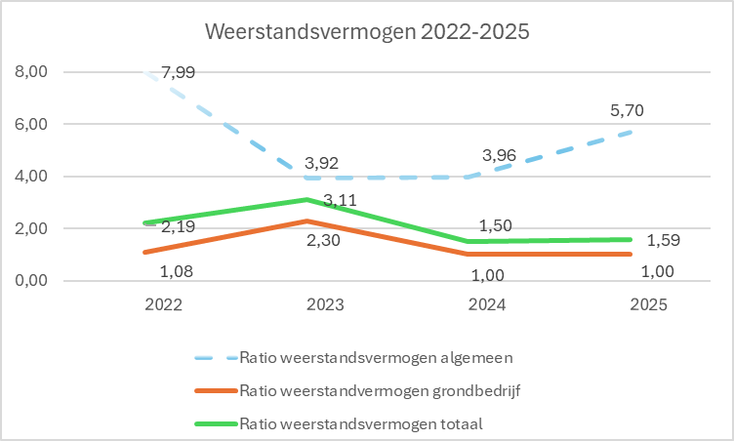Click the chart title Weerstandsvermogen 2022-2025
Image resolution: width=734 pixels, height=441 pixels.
point(367,32)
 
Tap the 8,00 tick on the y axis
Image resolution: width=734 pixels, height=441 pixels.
point(31,71)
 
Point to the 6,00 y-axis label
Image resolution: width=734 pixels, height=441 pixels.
point(31,124)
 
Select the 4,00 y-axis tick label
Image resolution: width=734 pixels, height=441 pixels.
point(31,176)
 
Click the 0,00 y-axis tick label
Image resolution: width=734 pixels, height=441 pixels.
point(31,280)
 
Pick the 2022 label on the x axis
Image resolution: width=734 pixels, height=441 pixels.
point(163,304)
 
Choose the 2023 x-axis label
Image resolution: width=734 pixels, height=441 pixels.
point(325,304)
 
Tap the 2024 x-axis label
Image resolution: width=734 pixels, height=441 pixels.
point(487,304)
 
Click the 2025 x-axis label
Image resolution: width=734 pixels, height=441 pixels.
point(649,304)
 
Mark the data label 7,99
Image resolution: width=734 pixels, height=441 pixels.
point(179,72)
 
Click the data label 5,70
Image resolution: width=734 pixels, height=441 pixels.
point(628,110)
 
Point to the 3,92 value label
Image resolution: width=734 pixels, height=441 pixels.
point(321,163)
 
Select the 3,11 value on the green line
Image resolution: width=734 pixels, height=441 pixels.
point(341,200)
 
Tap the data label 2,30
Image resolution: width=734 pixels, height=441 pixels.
point(323,240)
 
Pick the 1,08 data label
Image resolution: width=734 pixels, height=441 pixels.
point(177,271)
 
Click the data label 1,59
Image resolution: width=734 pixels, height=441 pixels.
point(664,240)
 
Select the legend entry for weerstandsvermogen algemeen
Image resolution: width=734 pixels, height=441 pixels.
point(354,358)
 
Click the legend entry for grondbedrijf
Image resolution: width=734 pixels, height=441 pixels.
point(357,391)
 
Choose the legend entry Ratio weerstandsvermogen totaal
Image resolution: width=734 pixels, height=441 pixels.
point(339,423)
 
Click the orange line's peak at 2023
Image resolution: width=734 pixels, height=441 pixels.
point(307,220)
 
